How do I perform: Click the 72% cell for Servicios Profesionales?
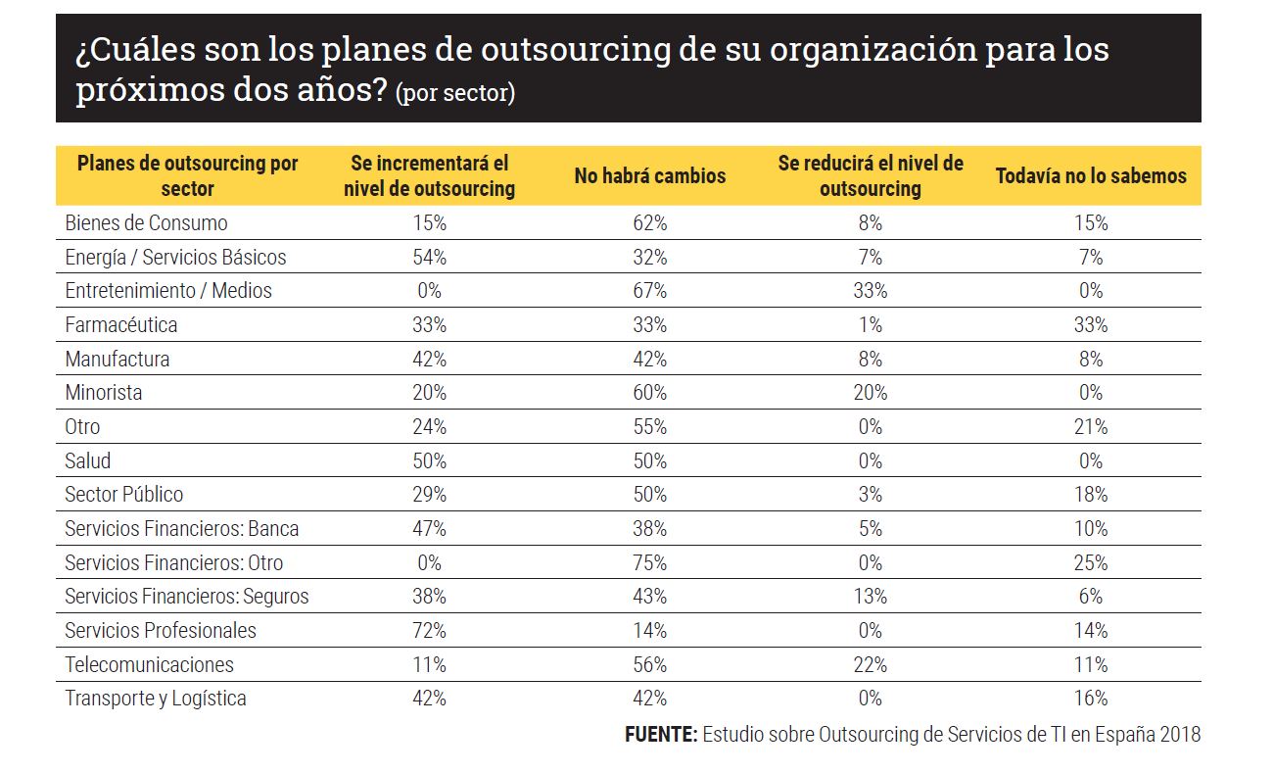click(429, 630)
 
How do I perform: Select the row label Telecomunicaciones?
click(149, 664)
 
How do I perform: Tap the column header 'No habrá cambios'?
click(649, 176)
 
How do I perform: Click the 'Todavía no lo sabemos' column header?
click(1091, 176)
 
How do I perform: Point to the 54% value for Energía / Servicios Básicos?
click(429, 257)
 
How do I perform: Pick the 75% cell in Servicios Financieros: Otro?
click(649, 562)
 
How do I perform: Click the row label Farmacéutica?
click(121, 324)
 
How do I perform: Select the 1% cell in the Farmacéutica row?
click(870, 324)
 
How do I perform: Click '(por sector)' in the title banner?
click(455, 94)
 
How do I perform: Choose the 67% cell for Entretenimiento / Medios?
click(649, 291)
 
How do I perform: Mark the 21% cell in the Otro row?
click(1091, 426)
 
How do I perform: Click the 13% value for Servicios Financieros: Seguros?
click(870, 596)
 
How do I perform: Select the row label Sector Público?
click(124, 495)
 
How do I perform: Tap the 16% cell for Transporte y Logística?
click(1091, 699)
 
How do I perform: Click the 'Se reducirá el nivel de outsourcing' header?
click(870, 176)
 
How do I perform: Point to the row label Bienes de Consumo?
click(146, 223)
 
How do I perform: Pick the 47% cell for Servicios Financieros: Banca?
click(429, 528)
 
